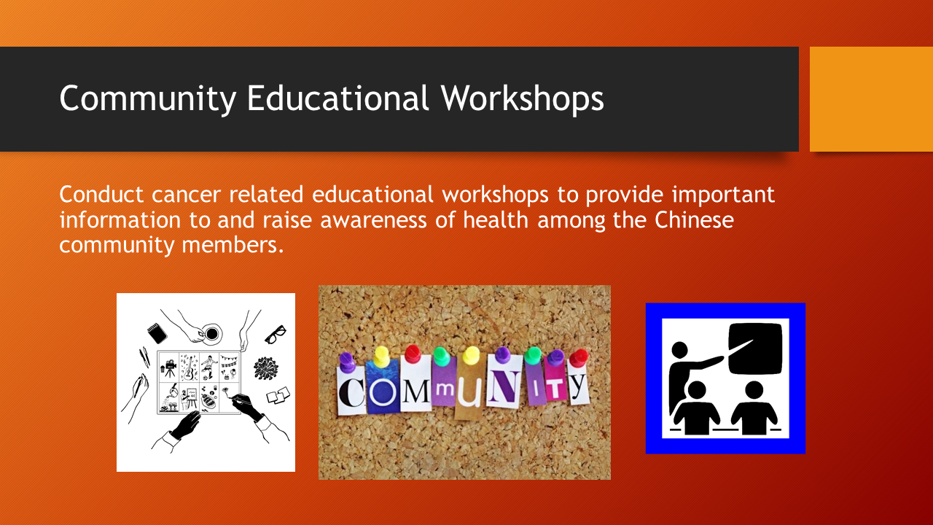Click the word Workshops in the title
523,98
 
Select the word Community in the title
148,98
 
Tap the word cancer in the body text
185,195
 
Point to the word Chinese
694,219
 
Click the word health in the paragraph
496,219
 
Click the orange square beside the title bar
871,98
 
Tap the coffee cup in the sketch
211,333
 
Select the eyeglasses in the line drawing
276,335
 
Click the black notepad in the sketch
157,333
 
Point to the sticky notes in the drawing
278,394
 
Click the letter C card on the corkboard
351,391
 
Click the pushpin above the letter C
346,361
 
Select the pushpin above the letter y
579,357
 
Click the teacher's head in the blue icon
679,350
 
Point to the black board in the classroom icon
755,349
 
